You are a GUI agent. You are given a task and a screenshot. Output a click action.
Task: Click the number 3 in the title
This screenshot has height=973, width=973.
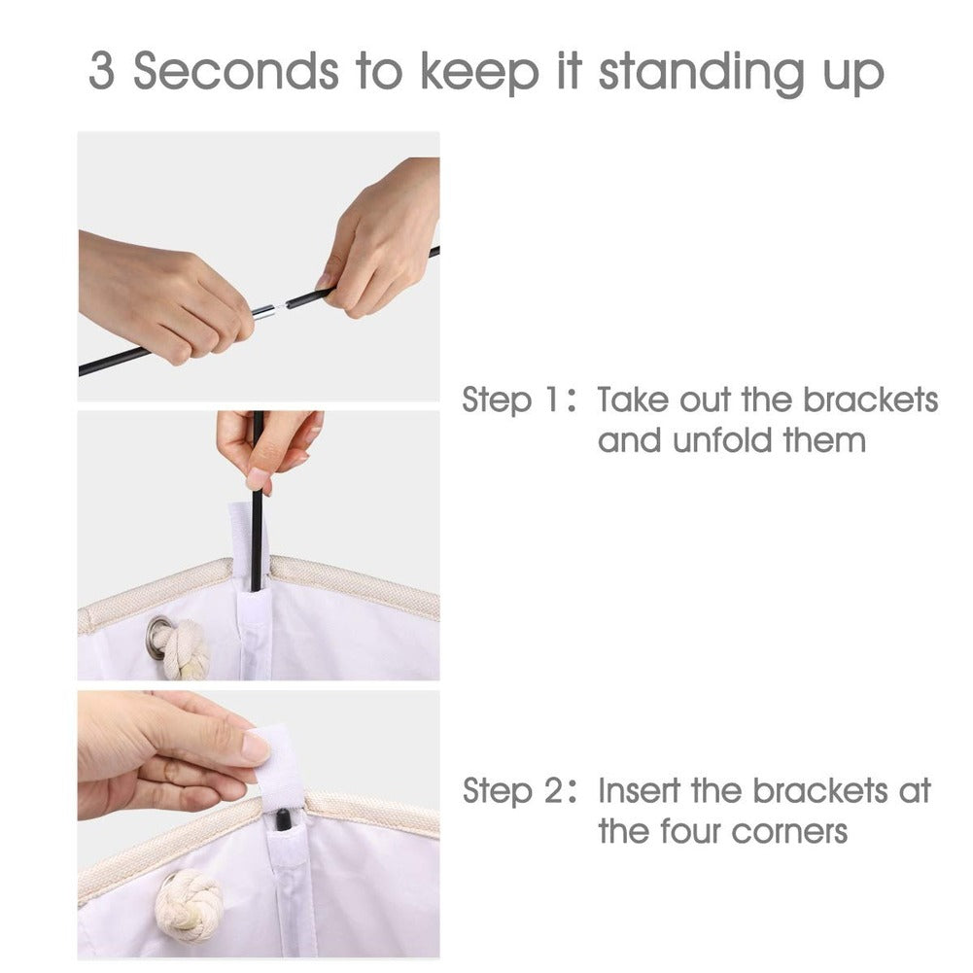[102, 70]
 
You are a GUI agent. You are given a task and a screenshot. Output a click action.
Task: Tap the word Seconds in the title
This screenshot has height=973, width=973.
[236, 70]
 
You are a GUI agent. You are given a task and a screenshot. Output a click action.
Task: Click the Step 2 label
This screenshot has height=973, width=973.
[519, 790]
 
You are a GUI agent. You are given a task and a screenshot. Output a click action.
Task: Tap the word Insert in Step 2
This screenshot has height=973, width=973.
[640, 790]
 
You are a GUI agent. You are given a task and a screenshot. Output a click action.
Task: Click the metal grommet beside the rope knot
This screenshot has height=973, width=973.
[158, 631]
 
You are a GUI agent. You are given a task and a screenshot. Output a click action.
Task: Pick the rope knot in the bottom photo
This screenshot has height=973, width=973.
[188, 907]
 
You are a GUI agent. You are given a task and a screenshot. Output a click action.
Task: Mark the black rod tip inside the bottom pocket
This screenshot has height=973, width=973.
[282, 819]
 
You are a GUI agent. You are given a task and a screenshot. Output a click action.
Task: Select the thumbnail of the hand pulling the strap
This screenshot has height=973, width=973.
[259, 824]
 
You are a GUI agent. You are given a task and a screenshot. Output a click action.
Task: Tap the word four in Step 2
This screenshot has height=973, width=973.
[689, 832]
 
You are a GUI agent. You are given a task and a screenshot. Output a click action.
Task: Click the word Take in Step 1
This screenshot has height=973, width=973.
[633, 400]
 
